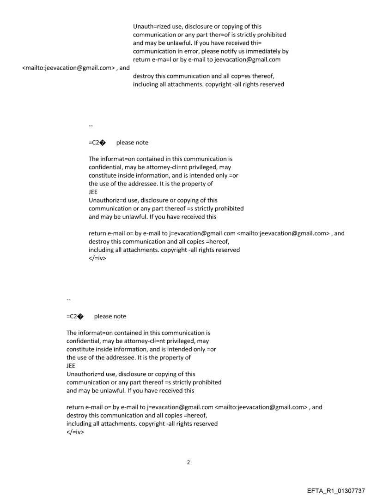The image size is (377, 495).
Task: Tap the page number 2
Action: [188, 462]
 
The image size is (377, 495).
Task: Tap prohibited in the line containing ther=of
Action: [272, 35]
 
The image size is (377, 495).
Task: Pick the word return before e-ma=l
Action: [142, 60]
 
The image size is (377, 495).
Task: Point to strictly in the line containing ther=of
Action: [244, 35]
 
